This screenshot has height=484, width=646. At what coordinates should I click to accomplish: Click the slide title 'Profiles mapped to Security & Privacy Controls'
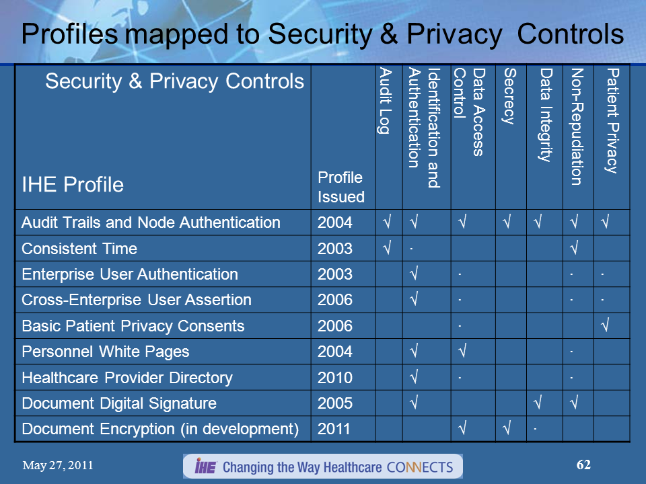coord(322,34)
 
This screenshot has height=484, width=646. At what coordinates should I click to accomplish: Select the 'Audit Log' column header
coord(384,101)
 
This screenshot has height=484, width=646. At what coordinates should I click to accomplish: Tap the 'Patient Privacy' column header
coord(611,121)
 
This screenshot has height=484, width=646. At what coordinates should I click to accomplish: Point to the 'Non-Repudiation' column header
coord(577,126)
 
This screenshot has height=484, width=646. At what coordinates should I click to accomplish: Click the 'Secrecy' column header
coord(510,97)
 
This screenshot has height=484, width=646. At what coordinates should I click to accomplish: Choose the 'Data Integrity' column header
coord(546,115)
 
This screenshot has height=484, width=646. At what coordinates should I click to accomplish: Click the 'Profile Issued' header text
coord(340,187)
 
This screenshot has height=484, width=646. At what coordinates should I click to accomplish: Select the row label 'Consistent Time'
coord(79,249)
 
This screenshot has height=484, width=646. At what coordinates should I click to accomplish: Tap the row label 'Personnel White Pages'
coord(106,352)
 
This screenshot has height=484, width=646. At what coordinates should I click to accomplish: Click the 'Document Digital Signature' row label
coord(119,403)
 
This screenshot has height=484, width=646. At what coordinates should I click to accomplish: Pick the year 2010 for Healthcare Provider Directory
coord(334,378)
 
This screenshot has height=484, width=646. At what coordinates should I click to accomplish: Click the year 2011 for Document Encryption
coord(334,429)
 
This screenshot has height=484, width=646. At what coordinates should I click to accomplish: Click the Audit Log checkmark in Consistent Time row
coord(387,249)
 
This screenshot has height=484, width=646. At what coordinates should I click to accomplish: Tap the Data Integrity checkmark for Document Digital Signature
coord(539,404)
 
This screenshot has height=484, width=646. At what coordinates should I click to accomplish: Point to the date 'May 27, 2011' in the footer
coord(58,465)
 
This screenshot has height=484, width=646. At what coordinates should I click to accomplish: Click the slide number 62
coord(583,465)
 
